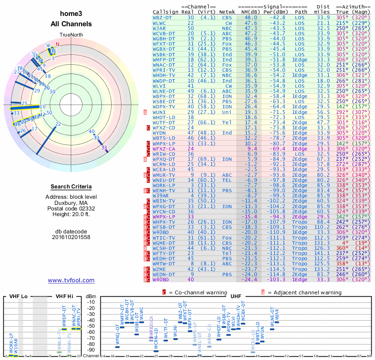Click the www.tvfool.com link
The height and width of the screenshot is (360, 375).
71,280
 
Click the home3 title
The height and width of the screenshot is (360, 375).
71,15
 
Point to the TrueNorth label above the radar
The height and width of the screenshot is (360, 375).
71,35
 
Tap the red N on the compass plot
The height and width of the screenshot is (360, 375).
58,45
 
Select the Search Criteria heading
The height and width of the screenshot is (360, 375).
71,187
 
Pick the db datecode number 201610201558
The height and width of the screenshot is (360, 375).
71,237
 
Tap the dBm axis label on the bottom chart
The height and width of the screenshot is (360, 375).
90,297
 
